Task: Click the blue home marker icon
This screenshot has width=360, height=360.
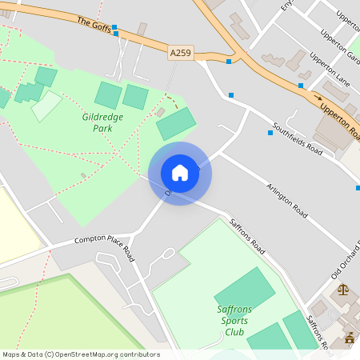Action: [x=180, y=173]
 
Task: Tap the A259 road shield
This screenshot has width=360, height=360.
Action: [x=181, y=53]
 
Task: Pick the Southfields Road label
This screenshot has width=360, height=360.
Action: [x=297, y=138]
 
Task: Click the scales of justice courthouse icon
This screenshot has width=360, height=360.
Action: [x=343, y=290]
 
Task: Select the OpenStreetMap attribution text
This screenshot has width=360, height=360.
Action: [x=81, y=354]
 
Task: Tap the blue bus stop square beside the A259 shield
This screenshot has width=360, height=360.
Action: [x=229, y=61]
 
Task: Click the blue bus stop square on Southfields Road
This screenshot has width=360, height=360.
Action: [x=270, y=133]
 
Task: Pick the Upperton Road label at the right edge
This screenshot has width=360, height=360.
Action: [x=340, y=119]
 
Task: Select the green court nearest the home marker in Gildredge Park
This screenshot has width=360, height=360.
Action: [x=176, y=123]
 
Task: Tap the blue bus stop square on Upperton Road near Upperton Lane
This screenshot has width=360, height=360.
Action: [x=301, y=85]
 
